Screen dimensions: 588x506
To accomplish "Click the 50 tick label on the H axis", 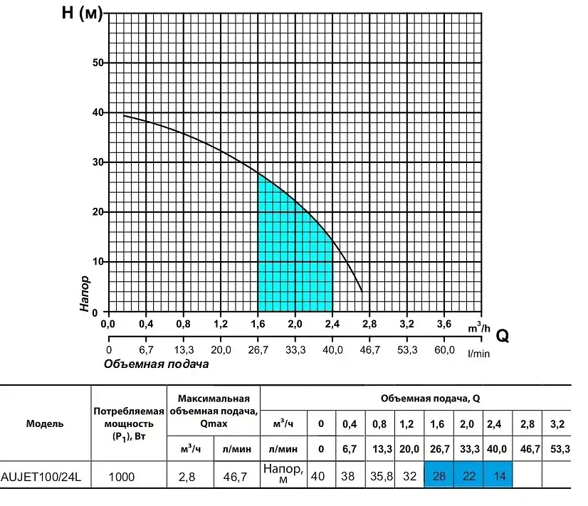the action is [98, 63].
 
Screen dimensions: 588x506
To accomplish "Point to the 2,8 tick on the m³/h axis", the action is [369, 324].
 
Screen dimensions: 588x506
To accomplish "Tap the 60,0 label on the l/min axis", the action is [444, 350].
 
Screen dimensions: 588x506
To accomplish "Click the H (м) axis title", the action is [82, 13].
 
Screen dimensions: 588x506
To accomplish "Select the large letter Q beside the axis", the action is [503, 336].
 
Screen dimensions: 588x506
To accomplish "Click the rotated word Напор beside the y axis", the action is [85, 293].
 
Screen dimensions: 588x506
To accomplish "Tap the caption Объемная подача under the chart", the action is [156, 364].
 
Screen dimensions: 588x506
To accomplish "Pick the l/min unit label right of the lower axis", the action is [479, 354].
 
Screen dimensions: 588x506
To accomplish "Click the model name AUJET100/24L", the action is [41, 477].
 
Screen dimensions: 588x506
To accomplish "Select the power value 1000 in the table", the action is [122, 477].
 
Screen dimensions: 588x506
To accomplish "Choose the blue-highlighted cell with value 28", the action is [439, 475].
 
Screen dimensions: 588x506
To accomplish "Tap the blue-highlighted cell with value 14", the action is [498, 475].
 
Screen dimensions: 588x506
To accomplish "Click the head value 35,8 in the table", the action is [382, 476].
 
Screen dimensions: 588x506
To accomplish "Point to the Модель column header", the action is [45, 424].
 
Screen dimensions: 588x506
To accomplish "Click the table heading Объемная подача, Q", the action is [430, 399].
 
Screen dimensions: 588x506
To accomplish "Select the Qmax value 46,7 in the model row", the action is [235, 477].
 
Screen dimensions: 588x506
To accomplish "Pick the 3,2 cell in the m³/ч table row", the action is [557, 424].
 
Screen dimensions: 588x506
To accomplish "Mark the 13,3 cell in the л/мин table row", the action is [382, 448].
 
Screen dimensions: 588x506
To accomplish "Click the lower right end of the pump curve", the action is [362, 292].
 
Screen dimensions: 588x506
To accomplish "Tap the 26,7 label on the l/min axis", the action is [258, 350].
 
